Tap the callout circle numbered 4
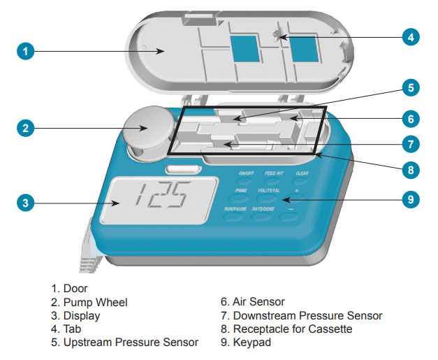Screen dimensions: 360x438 coord(413,36)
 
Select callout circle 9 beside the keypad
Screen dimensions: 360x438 coord(413,199)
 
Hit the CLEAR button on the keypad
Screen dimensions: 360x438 coord(302,173)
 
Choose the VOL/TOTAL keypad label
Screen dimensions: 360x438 coord(270,191)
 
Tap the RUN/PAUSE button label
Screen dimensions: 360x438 coord(237,209)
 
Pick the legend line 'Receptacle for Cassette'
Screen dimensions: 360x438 coord(292,329)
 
